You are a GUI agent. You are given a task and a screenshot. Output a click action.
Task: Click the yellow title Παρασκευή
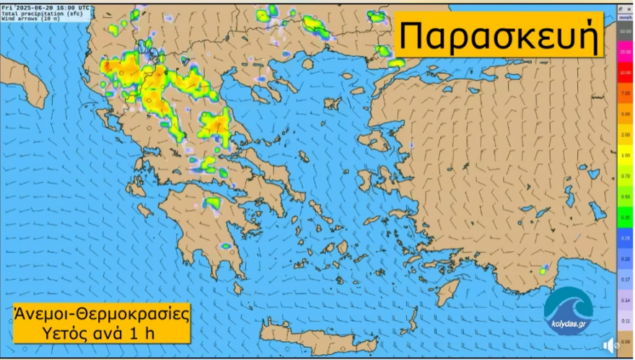click(499, 35)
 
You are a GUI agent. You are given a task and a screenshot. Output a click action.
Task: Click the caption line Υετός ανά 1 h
click(102, 333)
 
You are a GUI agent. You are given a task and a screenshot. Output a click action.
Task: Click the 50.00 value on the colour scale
click(625, 32)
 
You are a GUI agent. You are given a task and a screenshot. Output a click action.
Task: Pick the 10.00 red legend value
click(625, 73)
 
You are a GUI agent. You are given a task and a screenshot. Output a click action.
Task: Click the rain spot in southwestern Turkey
click(543, 271)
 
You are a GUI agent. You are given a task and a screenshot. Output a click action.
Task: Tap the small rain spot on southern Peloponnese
click(225, 247)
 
